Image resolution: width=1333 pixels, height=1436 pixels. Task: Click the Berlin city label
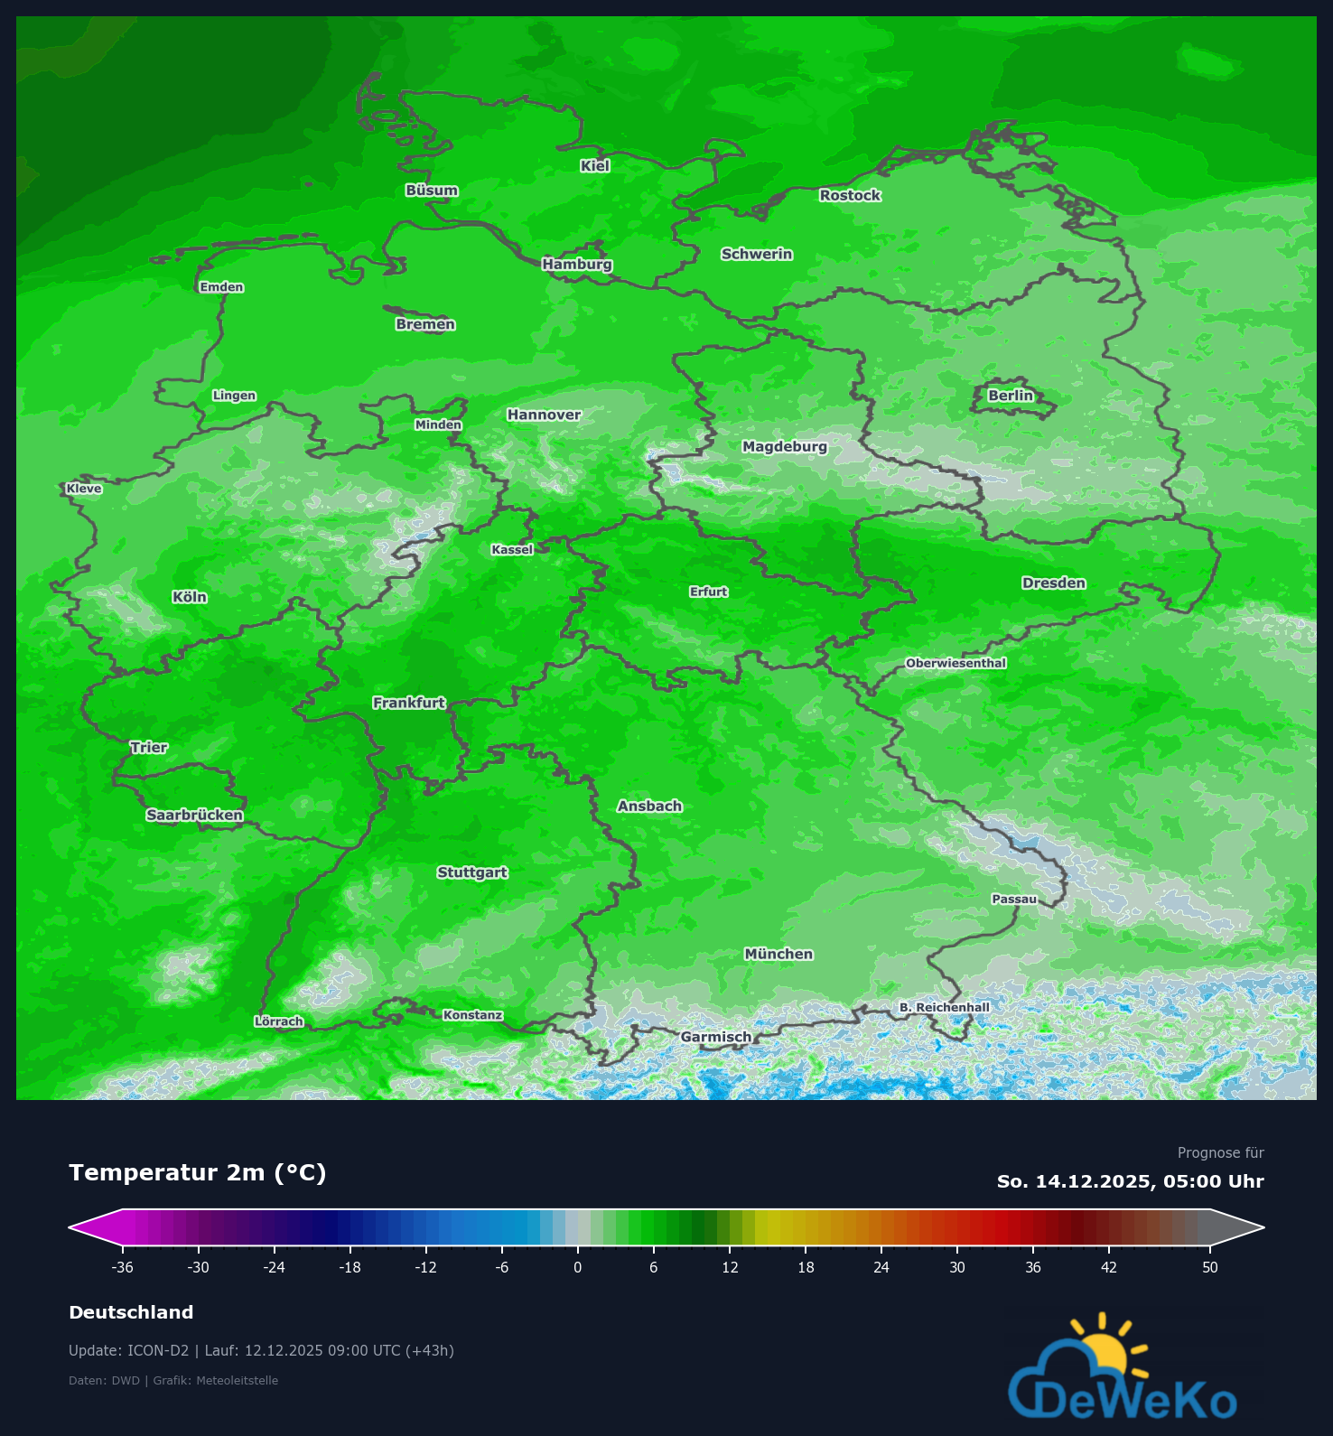[1010, 396]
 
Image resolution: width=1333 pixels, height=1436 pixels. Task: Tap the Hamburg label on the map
[577, 265]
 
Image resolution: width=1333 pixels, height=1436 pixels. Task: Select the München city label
[778, 954]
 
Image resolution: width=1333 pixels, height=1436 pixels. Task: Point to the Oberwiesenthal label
[955, 663]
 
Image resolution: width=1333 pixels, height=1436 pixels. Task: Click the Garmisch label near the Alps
[715, 1037]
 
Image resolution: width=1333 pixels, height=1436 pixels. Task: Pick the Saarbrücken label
[194, 816]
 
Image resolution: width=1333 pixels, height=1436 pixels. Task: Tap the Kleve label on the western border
[84, 489]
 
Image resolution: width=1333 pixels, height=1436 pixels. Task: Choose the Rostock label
[850, 195]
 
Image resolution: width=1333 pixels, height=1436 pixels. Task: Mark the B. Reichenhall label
[944, 1007]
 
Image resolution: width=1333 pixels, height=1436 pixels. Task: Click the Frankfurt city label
[409, 703]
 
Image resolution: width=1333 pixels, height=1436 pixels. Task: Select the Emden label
[221, 287]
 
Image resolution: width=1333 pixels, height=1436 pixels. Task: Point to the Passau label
[1014, 899]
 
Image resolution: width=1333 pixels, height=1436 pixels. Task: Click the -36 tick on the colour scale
[122, 1267]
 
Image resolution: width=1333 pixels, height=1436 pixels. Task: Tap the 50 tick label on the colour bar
[1209, 1267]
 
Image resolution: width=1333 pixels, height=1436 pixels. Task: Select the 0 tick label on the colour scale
[577, 1267]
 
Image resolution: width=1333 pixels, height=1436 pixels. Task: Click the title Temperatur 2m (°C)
[197, 1172]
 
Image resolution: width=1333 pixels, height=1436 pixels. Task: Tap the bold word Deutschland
[131, 1312]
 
